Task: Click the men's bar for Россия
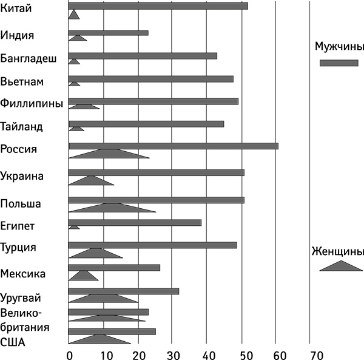coord(174,146)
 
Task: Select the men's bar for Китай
coord(158,6)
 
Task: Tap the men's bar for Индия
coord(109,33)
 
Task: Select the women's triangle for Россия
coord(109,154)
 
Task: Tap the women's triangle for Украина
coord(91,181)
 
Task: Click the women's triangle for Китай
coord(74,15)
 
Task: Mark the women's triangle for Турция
coord(96,253)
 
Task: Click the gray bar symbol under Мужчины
coord(339,63)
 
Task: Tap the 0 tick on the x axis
coord(70,352)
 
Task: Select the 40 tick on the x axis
coord(207,352)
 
